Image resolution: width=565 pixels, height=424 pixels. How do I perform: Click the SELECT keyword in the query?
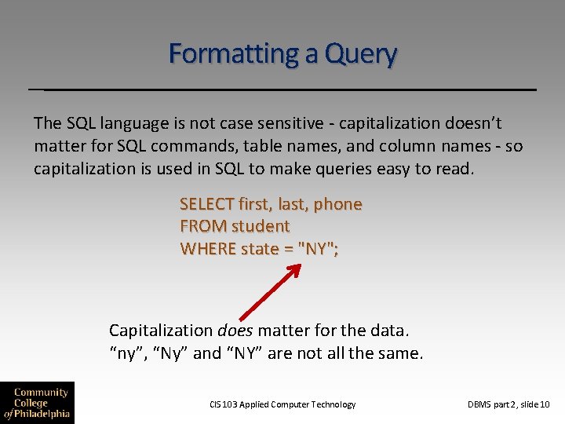pos(207,204)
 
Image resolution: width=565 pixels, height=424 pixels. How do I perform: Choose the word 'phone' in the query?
pos(338,204)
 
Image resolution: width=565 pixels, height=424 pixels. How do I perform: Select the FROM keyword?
pos(200,226)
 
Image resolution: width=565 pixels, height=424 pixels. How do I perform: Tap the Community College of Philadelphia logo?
pos(37,403)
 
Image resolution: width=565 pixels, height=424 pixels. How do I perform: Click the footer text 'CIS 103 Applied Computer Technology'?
pos(282,404)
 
